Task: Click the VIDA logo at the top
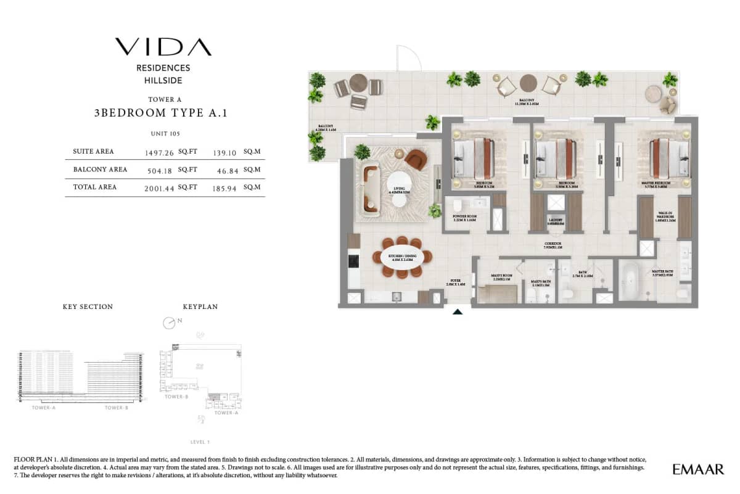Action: click(163, 47)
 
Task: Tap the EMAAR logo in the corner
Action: click(698, 469)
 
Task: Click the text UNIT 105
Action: click(165, 134)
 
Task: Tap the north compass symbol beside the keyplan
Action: click(169, 323)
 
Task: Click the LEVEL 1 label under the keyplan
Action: click(200, 442)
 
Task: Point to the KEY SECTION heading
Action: click(88, 307)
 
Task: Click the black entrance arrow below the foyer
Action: click(457, 312)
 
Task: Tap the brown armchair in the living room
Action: click(417, 160)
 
